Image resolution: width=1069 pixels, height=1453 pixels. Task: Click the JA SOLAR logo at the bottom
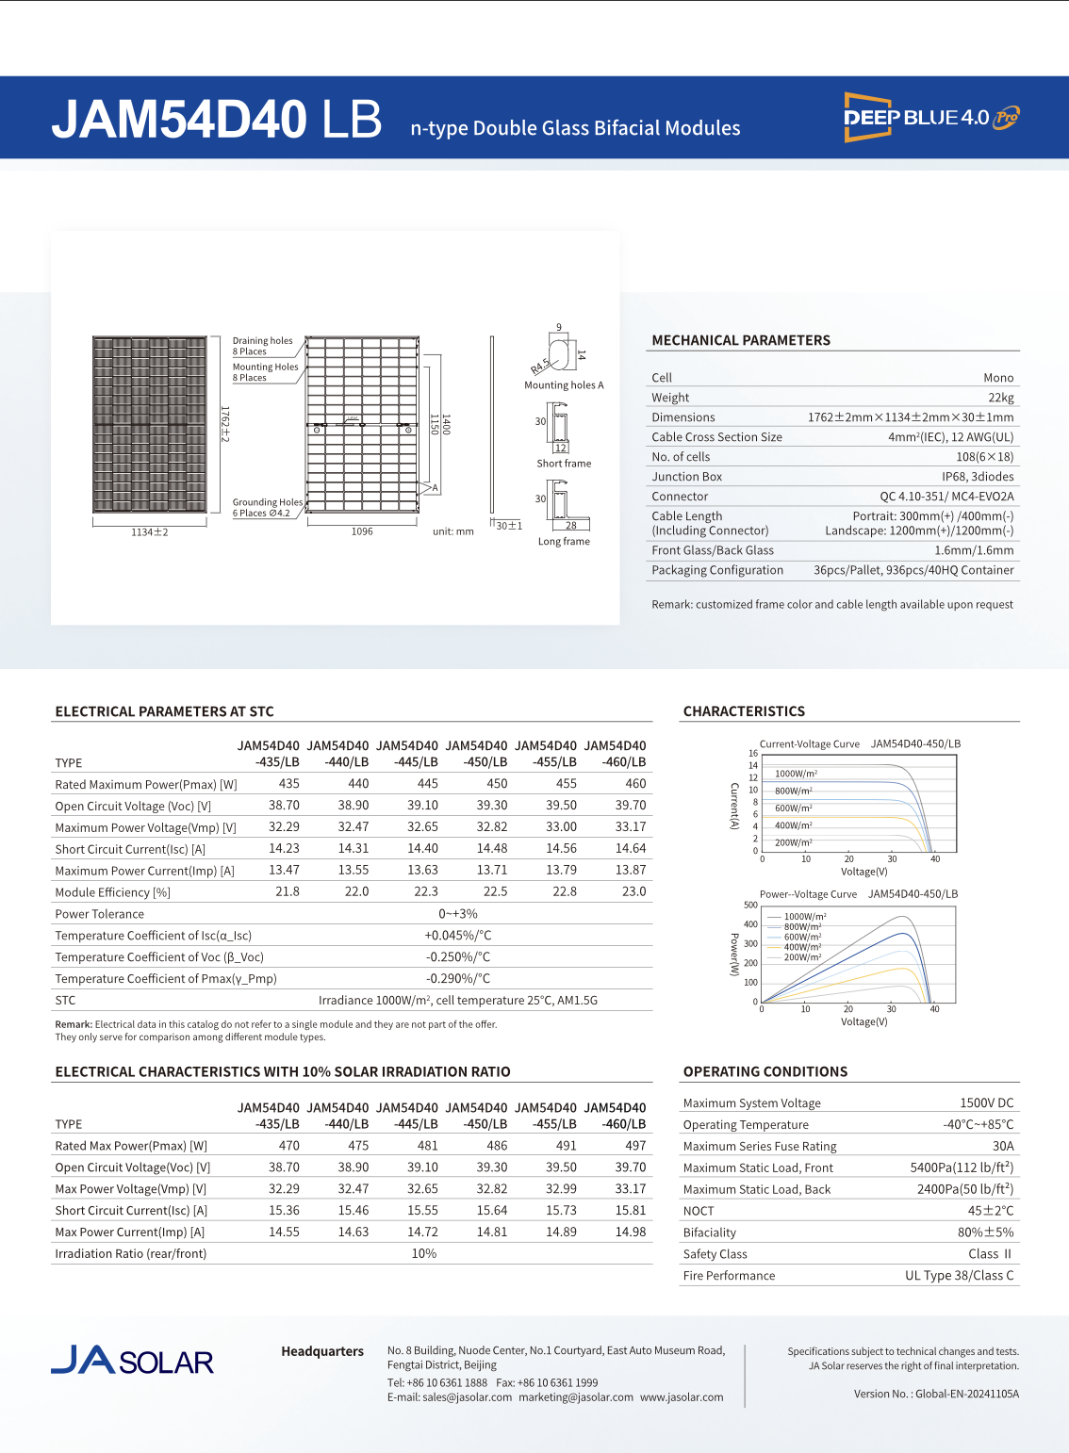[132, 1361]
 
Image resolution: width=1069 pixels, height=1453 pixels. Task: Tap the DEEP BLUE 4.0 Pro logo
[931, 118]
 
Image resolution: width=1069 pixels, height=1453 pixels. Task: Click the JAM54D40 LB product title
[217, 121]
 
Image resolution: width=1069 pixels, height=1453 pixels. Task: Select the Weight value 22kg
[1000, 398]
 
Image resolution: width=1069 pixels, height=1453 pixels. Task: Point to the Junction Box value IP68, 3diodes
[978, 477]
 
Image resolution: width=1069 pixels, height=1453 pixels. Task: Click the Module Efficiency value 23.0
[633, 891]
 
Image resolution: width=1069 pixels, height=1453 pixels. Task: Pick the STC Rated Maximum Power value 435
[288, 783]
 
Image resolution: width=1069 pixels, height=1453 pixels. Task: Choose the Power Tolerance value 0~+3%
[457, 914]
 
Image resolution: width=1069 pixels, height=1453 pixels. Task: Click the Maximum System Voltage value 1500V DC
[986, 1102]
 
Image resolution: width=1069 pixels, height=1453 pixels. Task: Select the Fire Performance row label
[729, 1276]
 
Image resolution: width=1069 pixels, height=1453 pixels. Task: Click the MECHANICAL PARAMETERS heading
[741, 340]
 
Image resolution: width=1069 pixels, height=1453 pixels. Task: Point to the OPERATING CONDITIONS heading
[765, 1071]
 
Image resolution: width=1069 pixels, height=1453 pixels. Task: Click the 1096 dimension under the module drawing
[362, 531]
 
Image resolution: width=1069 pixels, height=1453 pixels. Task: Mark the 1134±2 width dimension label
[149, 532]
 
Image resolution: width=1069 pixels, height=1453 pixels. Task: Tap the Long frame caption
[564, 542]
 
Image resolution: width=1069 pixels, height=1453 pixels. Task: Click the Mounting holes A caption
[564, 385]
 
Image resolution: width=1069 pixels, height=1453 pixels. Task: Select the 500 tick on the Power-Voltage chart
[750, 905]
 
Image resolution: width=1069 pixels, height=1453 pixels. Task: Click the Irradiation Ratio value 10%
[424, 1254]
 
